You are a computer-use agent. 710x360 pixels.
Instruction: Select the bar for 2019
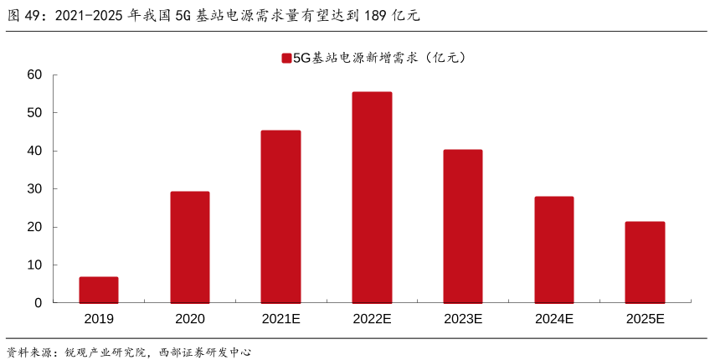(x=99, y=290)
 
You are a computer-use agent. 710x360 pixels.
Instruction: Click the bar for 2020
(x=190, y=247)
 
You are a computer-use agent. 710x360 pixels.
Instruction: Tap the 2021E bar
(x=280, y=217)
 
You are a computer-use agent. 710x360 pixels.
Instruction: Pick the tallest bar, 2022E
(x=372, y=198)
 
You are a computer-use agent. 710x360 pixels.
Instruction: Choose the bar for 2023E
(x=463, y=226)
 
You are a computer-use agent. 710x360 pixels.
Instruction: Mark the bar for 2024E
(x=554, y=249)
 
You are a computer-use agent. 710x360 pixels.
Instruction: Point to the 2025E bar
(x=646, y=262)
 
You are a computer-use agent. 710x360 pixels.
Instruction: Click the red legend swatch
(x=286, y=58)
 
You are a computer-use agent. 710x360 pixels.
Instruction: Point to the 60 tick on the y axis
(x=34, y=75)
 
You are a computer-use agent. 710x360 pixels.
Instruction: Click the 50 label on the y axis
(x=34, y=113)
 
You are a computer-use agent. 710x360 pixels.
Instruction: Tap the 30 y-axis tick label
(x=34, y=189)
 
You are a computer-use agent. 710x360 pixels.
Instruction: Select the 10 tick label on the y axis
(x=34, y=265)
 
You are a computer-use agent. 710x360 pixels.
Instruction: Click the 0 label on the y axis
(x=38, y=303)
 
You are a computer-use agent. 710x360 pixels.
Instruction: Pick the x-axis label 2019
(x=99, y=319)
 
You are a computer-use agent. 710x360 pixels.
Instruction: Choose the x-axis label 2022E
(x=372, y=319)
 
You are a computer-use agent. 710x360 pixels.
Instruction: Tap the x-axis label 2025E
(x=646, y=319)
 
